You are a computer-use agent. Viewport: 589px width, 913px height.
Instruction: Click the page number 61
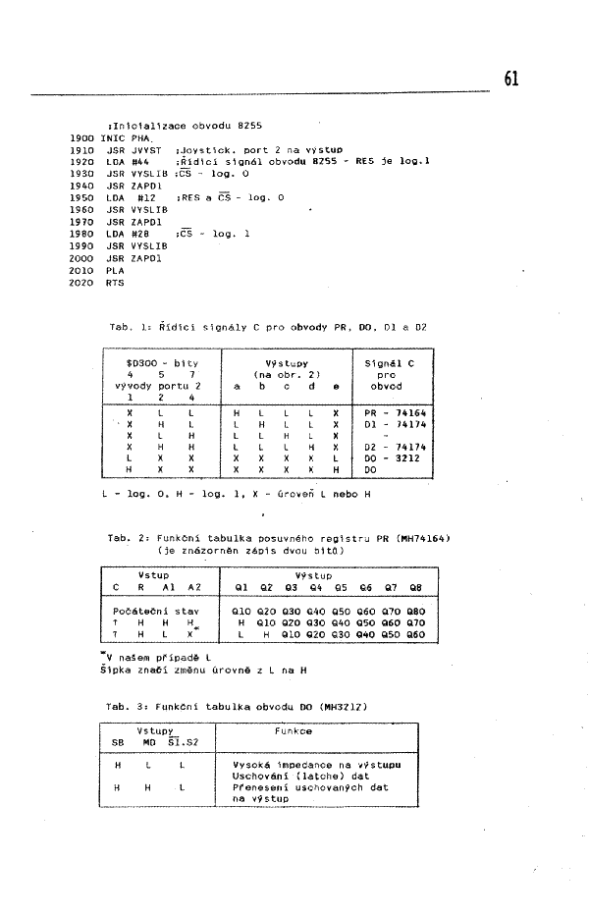click(x=511, y=80)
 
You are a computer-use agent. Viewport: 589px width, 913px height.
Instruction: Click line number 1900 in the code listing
click(x=81, y=138)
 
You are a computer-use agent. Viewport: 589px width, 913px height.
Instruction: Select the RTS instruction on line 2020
click(x=115, y=282)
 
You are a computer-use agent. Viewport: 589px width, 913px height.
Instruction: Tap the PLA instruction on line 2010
click(x=115, y=270)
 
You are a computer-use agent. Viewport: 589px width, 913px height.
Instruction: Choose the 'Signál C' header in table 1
click(x=389, y=363)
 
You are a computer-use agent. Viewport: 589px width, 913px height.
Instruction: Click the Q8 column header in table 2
click(x=415, y=587)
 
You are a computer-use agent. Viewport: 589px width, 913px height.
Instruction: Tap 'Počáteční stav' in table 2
click(x=150, y=611)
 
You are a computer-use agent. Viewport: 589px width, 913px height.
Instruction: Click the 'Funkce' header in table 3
click(x=294, y=731)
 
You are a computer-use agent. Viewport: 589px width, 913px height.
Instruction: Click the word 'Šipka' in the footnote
click(x=117, y=670)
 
